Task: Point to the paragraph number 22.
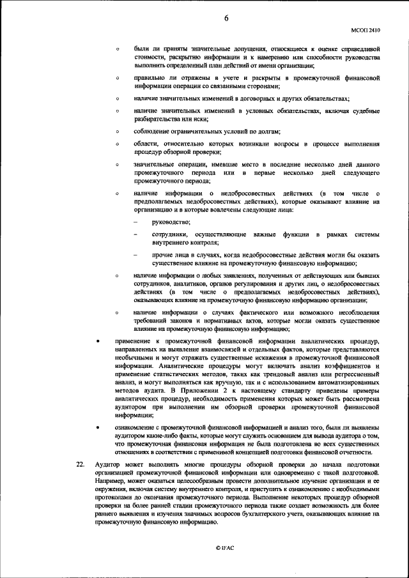tap(81, 464)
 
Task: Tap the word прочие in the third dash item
tap(164, 255)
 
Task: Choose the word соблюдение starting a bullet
tap(155, 131)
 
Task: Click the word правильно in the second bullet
tap(152, 78)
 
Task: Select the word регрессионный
tap(353, 374)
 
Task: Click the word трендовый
tap(270, 374)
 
